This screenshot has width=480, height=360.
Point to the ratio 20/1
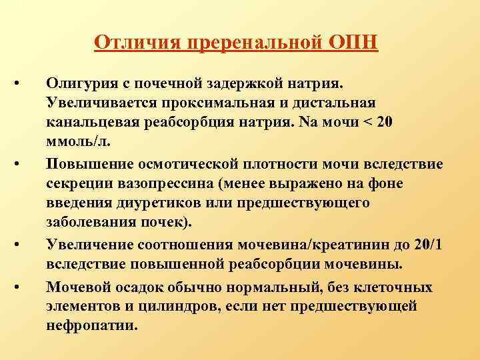point(421,245)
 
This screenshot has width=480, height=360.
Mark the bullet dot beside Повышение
point(21,163)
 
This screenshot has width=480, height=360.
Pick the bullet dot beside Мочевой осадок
point(21,287)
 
